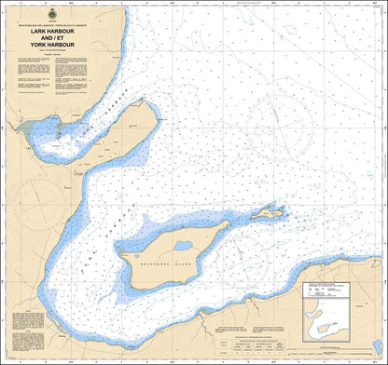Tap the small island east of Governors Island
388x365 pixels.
click(271, 213)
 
